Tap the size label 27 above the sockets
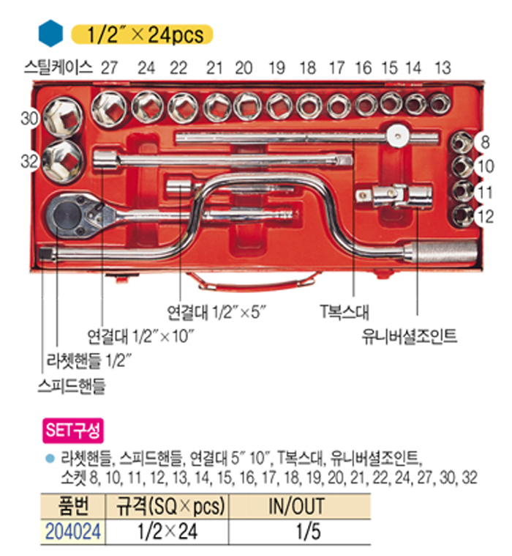click(109, 68)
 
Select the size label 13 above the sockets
click(442, 68)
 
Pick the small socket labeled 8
click(461, 141)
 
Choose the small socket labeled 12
click(462, 215)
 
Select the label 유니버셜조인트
click(409, 338)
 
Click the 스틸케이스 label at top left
click(58, 68)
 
